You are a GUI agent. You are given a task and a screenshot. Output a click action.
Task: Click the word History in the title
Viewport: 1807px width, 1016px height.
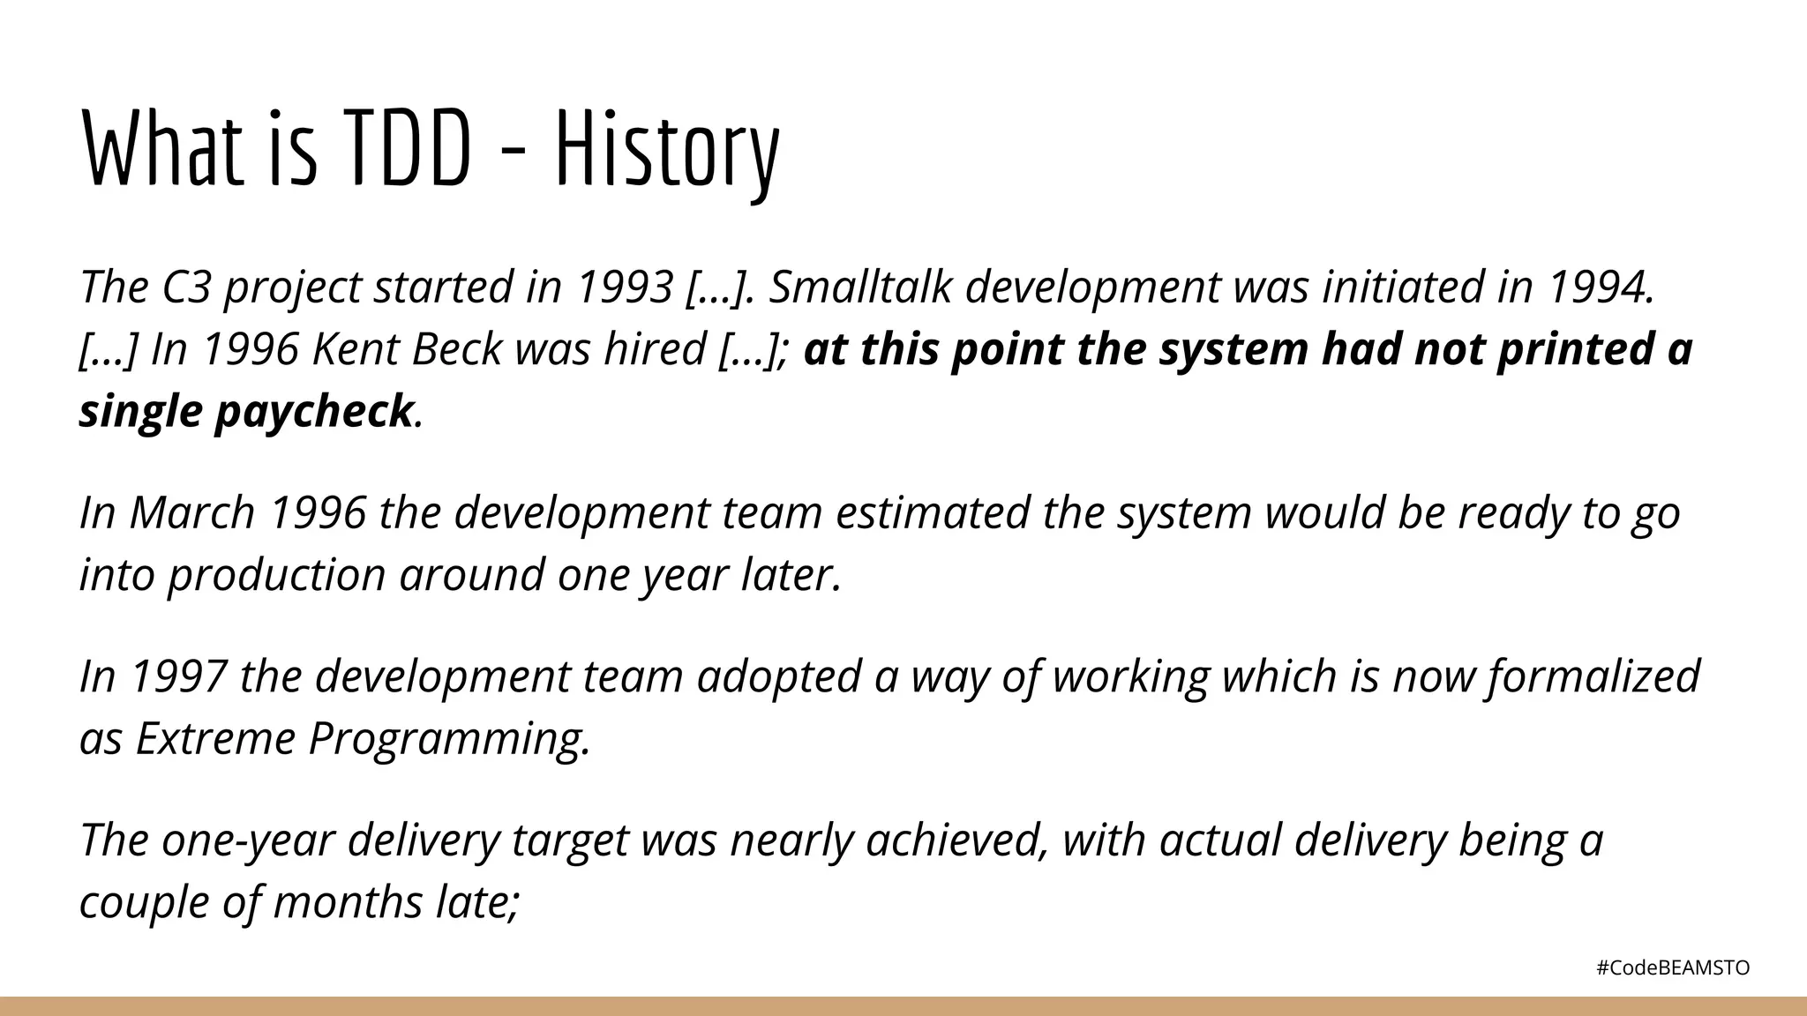click(x=667, y=150)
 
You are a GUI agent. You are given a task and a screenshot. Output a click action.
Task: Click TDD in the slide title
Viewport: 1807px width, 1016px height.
click(x=407, y=150)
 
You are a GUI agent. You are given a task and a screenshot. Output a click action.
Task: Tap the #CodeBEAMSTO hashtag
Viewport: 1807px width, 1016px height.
click(x=1673, y=967)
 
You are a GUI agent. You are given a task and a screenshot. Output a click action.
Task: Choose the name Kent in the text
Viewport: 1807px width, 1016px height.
click(x=356, y=349)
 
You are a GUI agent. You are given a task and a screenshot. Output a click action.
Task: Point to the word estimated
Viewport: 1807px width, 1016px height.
click(x=932, y=512)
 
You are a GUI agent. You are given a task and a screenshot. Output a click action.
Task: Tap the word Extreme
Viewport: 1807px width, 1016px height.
click(x=215, y=738)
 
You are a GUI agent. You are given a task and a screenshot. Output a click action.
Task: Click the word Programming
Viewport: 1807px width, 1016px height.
click(x=448, y=738)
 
